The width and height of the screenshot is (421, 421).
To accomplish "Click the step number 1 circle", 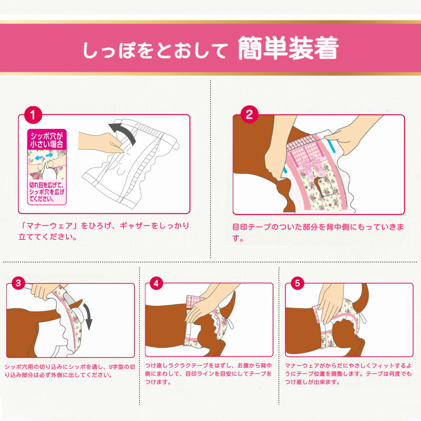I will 33,114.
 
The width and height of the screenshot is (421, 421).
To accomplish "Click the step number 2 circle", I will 249,114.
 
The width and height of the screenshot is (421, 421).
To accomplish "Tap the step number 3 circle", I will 19,283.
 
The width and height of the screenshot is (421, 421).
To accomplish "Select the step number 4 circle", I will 155,283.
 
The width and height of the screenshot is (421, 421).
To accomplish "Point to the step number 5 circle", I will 297,283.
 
